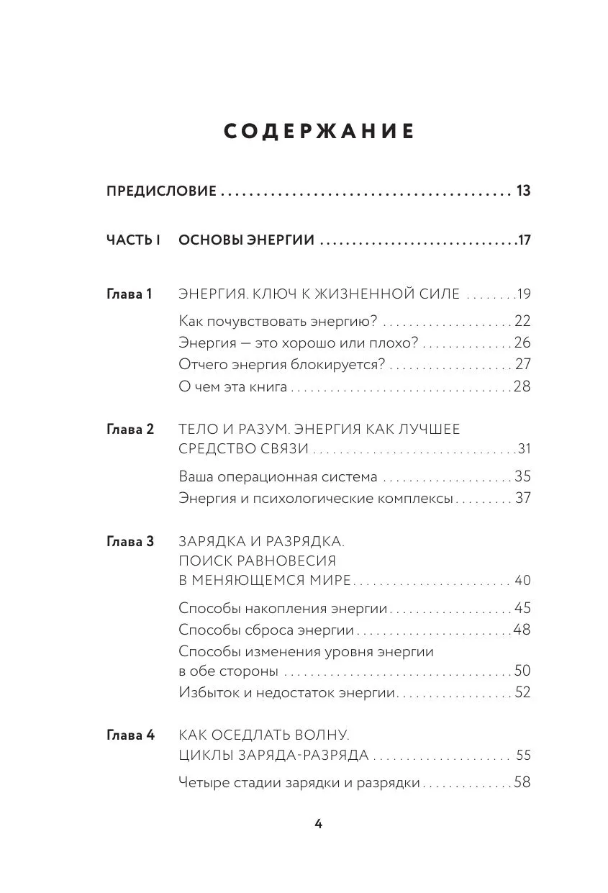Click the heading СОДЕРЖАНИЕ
[319, 132]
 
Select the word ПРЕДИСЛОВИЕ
[161, 191]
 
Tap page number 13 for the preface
[523, 191]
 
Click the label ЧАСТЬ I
[133, 240]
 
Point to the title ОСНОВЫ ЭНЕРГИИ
[246, 240]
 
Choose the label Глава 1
[130, 294]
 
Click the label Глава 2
[130, 429]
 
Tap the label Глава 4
[130, 735]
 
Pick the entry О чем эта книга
[232, 387]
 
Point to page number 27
[523, 365]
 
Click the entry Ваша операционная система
[278, 476]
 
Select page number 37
[523, 498]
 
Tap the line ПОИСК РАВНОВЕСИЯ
[257, 561]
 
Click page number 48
[522, 630]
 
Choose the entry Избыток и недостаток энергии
[288, 692]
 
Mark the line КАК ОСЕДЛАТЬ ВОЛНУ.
[263, 735]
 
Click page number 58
[522, 782]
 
